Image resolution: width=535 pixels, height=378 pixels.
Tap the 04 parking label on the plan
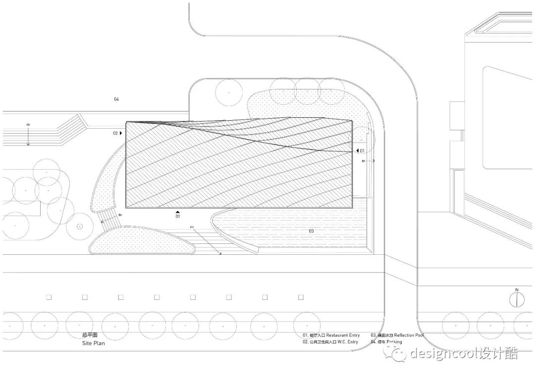(x=116, y=99)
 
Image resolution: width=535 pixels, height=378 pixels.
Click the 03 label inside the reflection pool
(x=312, y=231)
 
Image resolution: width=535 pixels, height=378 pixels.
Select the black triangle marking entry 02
(x=121, y=133)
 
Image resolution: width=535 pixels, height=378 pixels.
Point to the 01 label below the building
(x=177, y=217)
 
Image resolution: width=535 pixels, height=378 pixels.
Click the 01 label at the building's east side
(x=362, y=150)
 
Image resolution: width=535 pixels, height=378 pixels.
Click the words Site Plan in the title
(x=94, y=343)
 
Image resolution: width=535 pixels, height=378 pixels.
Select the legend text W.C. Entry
(x=346, y=342)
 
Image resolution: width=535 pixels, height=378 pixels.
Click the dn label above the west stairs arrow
(x=28, y=125)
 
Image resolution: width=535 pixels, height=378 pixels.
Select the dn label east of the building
(x=364, y=161)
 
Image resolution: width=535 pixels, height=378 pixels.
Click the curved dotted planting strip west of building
(x=105, y=183)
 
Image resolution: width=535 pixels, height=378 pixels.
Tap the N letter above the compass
(x=517, y=290)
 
